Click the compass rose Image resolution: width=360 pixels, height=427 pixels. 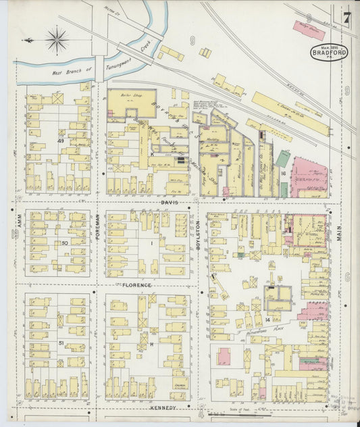[x=57, y=39]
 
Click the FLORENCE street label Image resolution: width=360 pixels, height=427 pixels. [x=137, y=285]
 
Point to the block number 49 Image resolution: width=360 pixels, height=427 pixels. [x=60, y=141]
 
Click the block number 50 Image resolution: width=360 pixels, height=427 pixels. [x=65, y=242]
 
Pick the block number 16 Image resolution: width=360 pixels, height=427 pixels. [x=284, y=173]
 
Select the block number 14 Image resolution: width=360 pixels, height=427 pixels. [x=267, y=318]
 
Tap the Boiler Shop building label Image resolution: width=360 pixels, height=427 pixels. [x=130, y=95]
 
